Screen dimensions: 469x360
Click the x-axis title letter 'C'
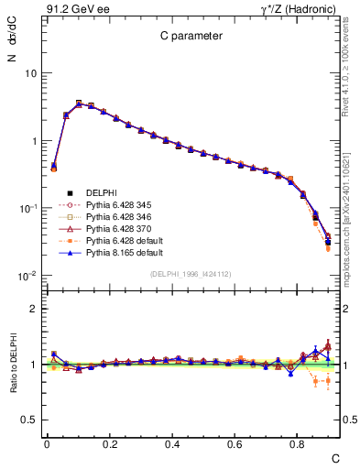(x=335, y=457)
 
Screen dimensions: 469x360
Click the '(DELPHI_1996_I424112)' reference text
(x=191, y=274)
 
